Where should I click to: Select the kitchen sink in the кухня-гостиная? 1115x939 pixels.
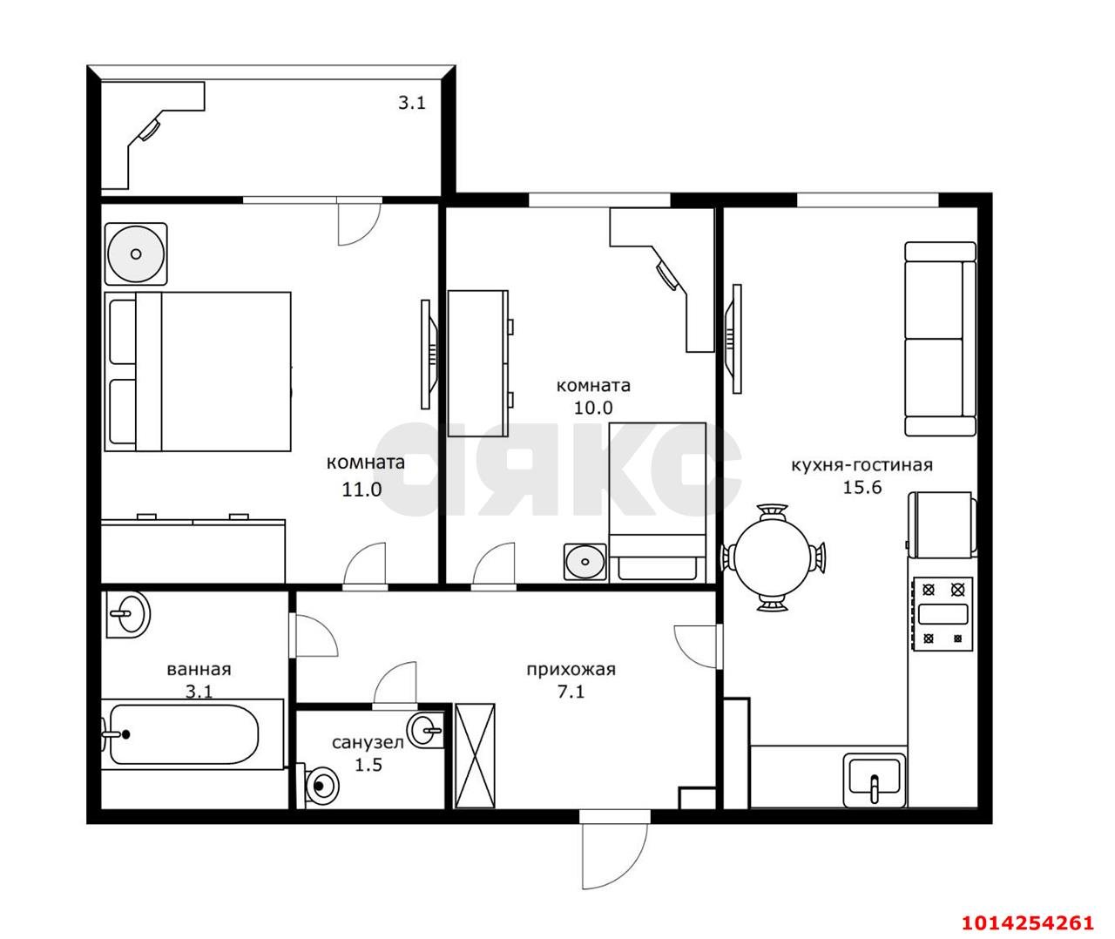[x=875, y=780]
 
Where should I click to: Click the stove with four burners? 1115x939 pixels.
[x=943, y=614]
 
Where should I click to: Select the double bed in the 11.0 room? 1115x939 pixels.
[x=198, y=371]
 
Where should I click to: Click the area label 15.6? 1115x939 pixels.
[x=862, y=487]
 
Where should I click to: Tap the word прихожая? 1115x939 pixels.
[x=571, y=669]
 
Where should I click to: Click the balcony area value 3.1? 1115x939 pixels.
[x=412, y=102]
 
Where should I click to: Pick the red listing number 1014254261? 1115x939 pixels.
[x=1028, y=922]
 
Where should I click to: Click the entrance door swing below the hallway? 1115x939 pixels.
[x=614, y=850]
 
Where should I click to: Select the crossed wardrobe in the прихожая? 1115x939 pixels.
[x=475, y=755]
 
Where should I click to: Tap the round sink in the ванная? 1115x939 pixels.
[x=128, y=614]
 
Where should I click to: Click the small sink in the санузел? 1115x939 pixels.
[x=426, y=730]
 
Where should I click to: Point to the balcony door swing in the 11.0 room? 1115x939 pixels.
[x=360, y=225]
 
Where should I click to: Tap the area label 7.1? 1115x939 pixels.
[x=571, y=692]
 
